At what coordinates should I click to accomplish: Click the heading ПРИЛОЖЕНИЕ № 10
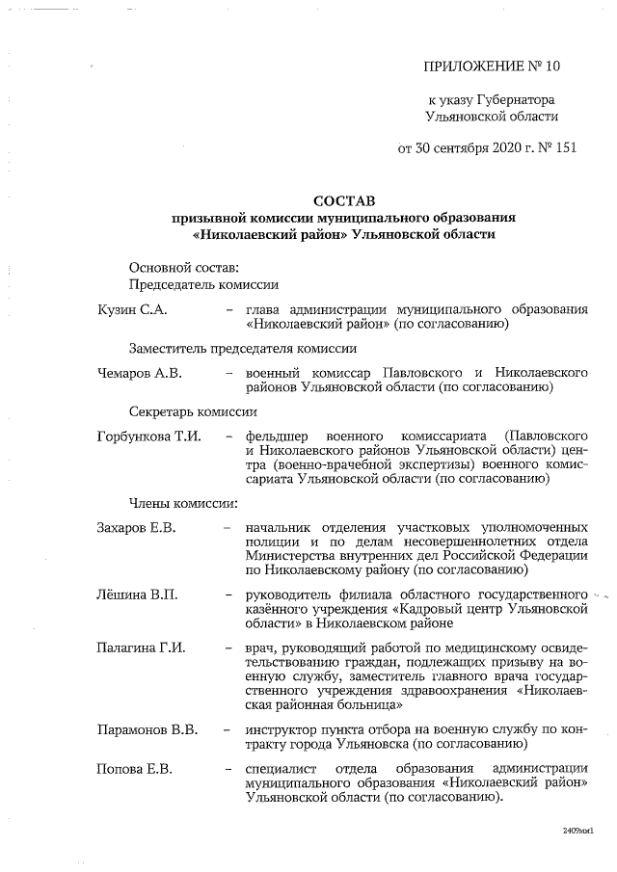point(491,66)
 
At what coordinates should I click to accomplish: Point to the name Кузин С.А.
point(133,309)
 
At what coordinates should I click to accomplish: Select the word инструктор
point(283,728)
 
